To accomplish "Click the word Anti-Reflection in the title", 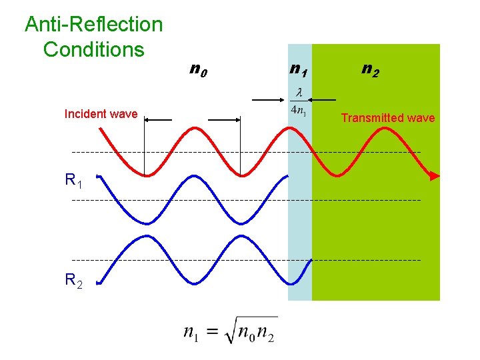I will point(93,25).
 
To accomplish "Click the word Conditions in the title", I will point(93,49).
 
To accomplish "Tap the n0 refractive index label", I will point(198,68).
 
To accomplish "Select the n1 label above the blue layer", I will point(298,68).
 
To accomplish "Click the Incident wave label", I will point(101,114).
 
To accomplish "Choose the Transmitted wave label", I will point(387,118).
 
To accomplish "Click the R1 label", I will point(73,180).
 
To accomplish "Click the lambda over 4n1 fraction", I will point(298,102).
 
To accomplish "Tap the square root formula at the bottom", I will point(229,331).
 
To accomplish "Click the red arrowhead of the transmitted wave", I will point(434,177).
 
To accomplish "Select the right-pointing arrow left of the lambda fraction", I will point(271,100).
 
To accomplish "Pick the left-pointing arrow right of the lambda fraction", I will point(323,100).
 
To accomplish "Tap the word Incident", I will point(86,114).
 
